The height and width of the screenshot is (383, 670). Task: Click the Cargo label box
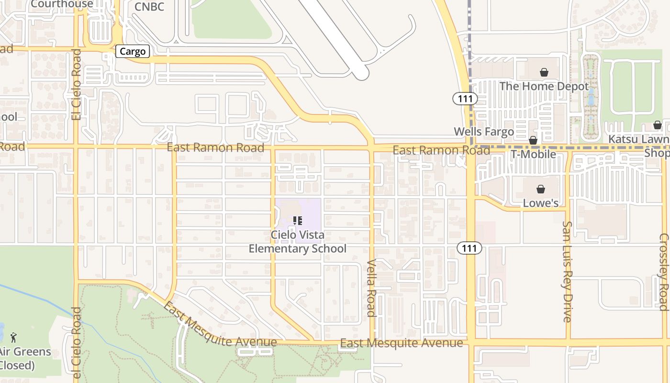(x=133, y=52)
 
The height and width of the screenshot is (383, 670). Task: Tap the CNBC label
(x=149, y=7)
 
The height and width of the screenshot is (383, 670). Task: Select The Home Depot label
(x=544, y=87)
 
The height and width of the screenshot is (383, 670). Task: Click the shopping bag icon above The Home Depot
(x=544, y=73)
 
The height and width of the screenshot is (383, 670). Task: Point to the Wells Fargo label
(x=483, y=132)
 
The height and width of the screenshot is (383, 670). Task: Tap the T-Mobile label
(x=533, y=154)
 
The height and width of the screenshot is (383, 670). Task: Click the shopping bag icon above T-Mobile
(x=533, y=140)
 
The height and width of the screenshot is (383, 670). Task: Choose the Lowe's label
(x=540, y=203)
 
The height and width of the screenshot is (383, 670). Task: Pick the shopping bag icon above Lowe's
(x=540, y=189)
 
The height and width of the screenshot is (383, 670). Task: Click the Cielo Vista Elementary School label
(x=297, y=242)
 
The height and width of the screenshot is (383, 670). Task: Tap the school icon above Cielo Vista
(x=298, y=221)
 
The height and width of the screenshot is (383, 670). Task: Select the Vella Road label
(x=371, y=288)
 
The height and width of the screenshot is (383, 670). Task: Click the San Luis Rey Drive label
(x=567, y=271)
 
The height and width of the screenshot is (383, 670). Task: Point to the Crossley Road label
(x=664, y=272)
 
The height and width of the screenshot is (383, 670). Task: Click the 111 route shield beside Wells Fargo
(x=465, y=99)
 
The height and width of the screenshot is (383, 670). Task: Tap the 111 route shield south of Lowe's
(x=469, y=248)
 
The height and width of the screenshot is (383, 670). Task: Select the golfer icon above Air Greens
(x=13, y=338)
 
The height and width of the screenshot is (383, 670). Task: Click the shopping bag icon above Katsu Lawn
(x=657, y=125)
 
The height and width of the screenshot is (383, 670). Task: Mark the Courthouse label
(x=62, y=4)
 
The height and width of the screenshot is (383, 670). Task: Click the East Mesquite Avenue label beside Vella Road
(x=402, y=343)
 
